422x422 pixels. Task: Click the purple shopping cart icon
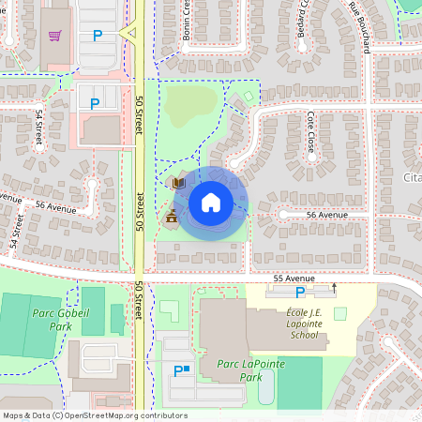pyautogui.click(x=55, y=36)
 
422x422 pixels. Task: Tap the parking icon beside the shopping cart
pyautogui.click(x=97, y=37)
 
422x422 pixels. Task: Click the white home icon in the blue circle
pyautogui.click(x=210, y=202)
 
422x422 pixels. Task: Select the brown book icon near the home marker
pyautogui.click(x=177, y=182)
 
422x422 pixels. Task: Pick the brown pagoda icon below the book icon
pyautogui.click(x=172, y=218)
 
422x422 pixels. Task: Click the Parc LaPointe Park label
pyautogui.click(x=237, y=369)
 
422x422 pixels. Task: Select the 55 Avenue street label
pyautogui.click(x=294, y=279)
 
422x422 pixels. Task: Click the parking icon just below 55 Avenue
pyautogui.click(x=300, y=293)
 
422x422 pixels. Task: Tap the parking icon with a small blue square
pyautogui.click(x=179, y=371)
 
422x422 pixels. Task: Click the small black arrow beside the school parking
pyautogui.click(x=333, y=286)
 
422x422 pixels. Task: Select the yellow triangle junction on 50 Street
pyautogui.click(x=130, y=34)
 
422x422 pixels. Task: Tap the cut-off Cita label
pyautogui.click(x=412, y=178)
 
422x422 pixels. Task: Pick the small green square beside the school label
pyautogui.click(x=339, y=313)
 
